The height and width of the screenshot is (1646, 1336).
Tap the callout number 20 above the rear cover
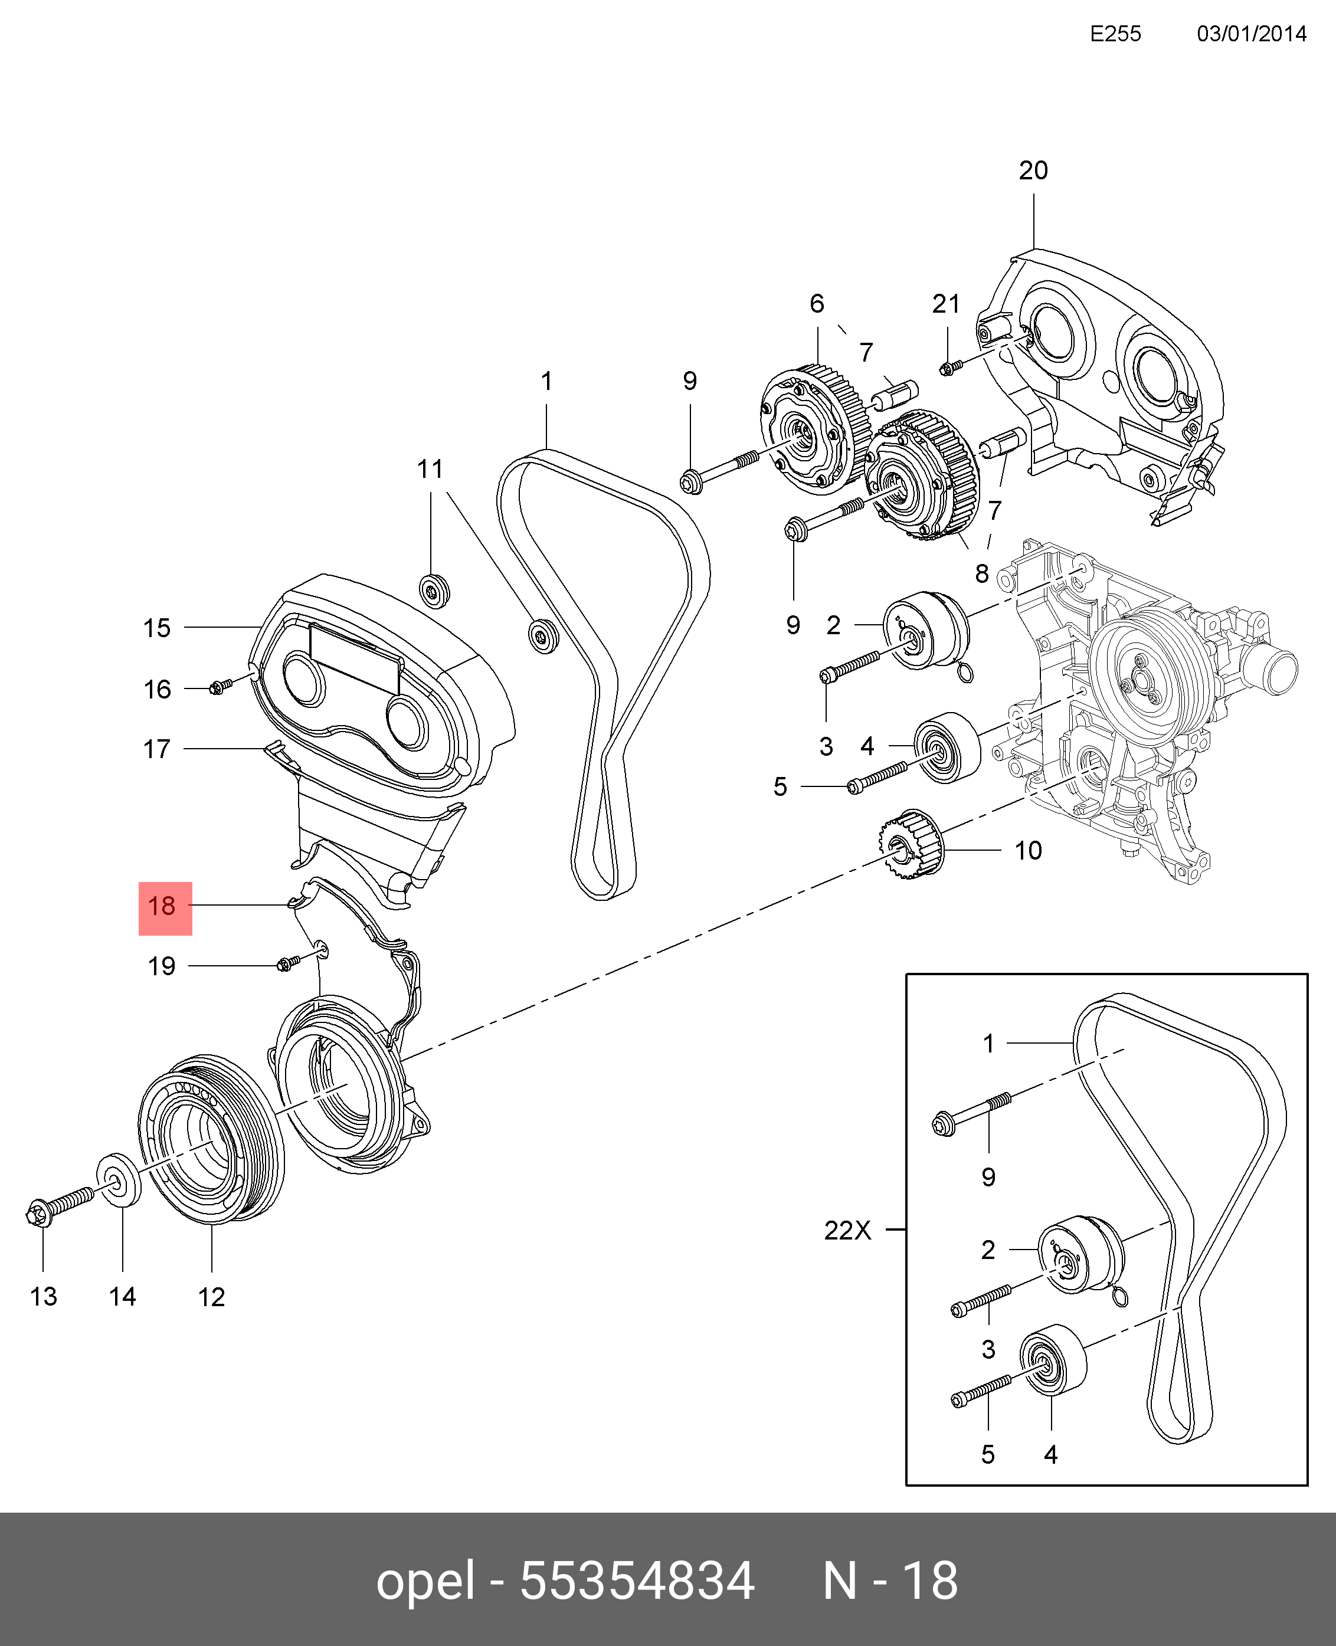point(1033,171)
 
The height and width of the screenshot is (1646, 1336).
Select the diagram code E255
point(1115,34)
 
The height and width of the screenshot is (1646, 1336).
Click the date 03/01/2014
point(1252,34)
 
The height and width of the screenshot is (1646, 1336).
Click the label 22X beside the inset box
point(847,1252)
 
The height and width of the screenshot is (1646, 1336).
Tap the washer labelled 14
point(119,1198)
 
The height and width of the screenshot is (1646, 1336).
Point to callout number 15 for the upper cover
point(156,628)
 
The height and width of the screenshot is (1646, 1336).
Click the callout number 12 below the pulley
point(212,1297)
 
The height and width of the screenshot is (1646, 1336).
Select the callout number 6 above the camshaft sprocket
point(817,304)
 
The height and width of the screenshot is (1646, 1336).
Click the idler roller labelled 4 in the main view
point(947,746)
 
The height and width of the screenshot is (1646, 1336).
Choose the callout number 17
point(156,749)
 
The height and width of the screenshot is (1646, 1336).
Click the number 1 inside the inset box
point(989,1044)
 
